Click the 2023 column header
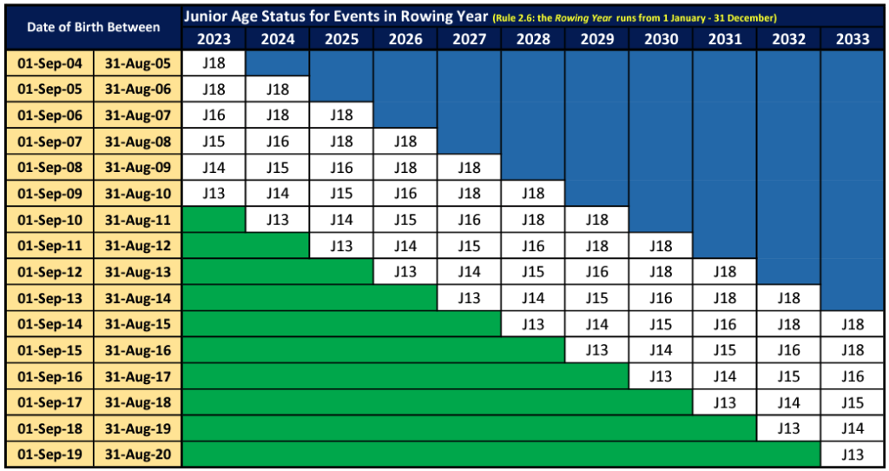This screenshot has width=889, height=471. [x=214, y=39]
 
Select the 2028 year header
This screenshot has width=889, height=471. [x=532, y=39]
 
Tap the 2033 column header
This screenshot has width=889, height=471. [x=853, y=39]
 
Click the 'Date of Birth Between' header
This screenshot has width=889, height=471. [x=94, y=27]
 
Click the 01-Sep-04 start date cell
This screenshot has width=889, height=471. [x=49, y=63]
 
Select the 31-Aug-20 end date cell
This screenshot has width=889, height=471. [x=138, y=454]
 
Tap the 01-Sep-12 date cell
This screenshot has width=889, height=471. [x=49, y=272]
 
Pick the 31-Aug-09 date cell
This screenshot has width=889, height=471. [x=138, y=168]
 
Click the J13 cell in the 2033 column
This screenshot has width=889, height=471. [x=853, y=454]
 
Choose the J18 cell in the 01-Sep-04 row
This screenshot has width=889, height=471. [x=214, y=63]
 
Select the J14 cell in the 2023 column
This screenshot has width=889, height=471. [x=214, y=168]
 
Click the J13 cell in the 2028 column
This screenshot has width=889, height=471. [x=532, y=324]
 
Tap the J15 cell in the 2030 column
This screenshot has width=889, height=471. [x=661, y=324]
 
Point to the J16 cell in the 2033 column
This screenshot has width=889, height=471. [x=853, y=376]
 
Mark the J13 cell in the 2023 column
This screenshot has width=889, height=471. [x=214, y=194]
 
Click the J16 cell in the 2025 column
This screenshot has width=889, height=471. [x=341, y=168]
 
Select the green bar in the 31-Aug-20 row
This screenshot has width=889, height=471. [x=501, y=454]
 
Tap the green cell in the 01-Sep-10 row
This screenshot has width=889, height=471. [x=214, y=220]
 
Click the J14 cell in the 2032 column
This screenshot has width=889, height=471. [x=788, y=402]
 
